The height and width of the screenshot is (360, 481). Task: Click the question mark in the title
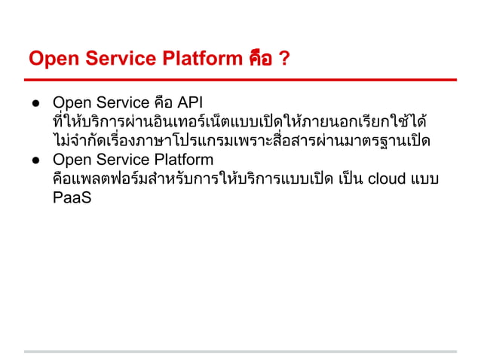click(283, 59)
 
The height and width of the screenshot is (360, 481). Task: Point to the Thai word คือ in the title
click(260, 59)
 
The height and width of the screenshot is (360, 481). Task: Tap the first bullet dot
click(35, 103)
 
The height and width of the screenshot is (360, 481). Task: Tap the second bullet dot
click(35, 160)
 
